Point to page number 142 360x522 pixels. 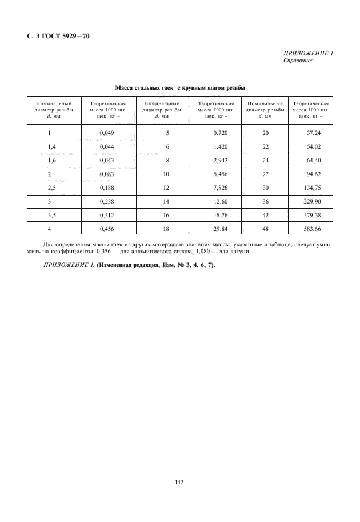click(x=179, y=483)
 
